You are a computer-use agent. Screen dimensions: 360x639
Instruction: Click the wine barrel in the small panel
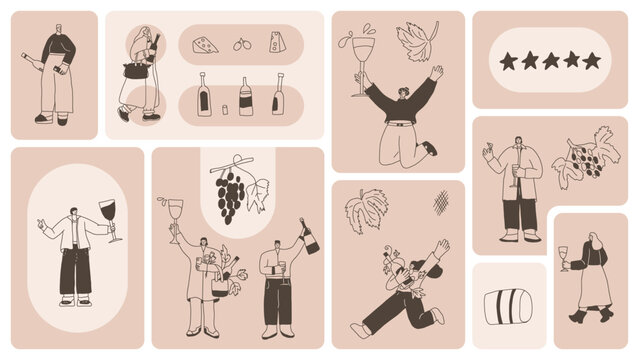pos(508,307)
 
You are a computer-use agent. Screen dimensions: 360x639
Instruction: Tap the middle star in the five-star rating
pos(550,60)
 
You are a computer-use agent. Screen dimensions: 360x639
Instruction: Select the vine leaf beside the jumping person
pos(416,41)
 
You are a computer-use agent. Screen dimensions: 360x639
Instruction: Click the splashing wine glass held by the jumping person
pos(359,67)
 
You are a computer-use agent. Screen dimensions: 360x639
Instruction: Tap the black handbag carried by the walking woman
pos(133,69)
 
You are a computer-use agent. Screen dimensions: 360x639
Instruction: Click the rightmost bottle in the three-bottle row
pos(277,95)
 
